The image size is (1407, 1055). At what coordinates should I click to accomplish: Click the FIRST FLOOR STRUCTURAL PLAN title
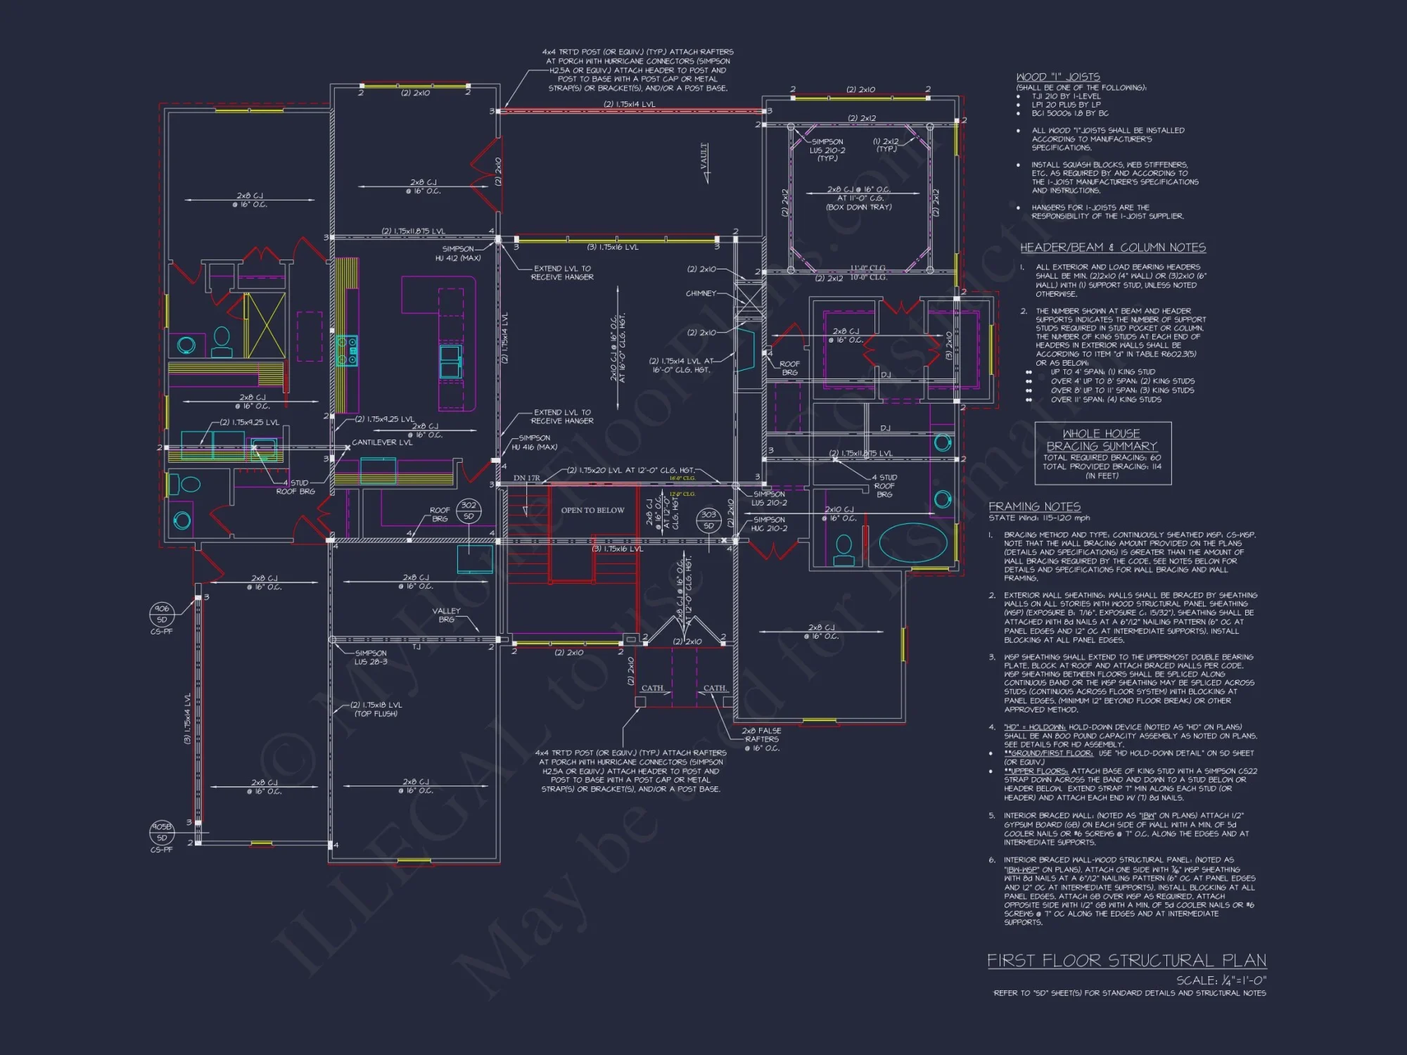1126,961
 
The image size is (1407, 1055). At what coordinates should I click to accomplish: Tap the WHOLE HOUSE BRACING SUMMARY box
1102,453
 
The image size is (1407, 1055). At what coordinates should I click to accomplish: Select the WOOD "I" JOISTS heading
1057,77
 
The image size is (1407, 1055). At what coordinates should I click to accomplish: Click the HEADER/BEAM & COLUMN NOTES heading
1113,248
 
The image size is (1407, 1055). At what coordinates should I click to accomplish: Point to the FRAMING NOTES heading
1034,506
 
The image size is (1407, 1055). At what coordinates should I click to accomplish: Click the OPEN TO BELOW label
592,511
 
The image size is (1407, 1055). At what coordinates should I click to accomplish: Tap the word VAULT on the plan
704,157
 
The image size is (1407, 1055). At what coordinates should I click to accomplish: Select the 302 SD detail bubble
469,511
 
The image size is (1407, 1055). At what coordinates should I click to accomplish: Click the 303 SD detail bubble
708,520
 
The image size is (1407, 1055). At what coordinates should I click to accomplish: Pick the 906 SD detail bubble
162,614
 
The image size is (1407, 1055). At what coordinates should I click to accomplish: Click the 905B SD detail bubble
162,833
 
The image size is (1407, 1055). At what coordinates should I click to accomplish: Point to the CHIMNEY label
701,293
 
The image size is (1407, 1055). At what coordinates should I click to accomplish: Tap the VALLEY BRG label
446,615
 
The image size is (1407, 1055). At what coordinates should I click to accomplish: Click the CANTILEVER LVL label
382,442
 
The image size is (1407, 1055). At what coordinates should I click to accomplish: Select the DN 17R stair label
526,478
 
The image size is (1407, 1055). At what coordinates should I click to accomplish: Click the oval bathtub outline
913,542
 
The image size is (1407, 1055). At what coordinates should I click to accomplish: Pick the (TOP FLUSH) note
376,714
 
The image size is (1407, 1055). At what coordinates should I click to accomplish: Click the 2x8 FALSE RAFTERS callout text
762,739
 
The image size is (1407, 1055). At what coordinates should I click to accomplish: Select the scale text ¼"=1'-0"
1221,980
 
